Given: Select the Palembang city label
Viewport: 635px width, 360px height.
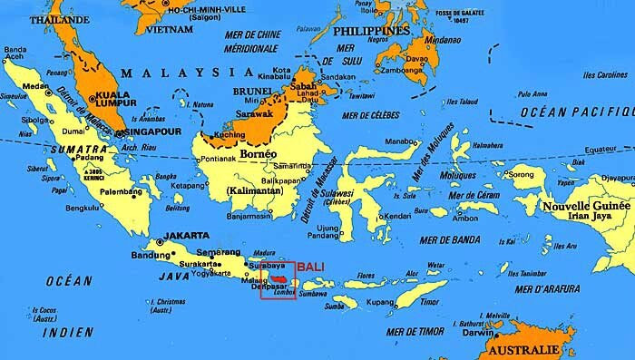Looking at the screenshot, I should point(124,191).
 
